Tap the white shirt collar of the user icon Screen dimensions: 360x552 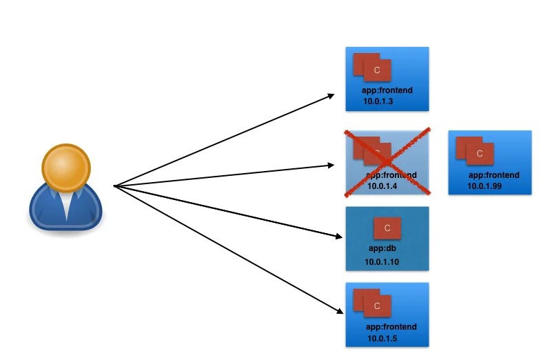66,204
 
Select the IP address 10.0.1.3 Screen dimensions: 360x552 378,102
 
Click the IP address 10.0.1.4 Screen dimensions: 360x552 382,186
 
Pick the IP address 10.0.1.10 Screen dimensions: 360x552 382,262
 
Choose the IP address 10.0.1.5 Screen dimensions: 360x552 382,338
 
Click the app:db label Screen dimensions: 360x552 382,248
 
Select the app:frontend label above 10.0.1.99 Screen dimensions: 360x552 493,175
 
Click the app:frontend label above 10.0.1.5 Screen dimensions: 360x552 391,326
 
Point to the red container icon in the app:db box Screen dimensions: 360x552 387,228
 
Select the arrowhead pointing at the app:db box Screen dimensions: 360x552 337,237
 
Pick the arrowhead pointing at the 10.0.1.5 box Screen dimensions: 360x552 338,311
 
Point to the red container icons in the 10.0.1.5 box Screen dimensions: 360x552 372,302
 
